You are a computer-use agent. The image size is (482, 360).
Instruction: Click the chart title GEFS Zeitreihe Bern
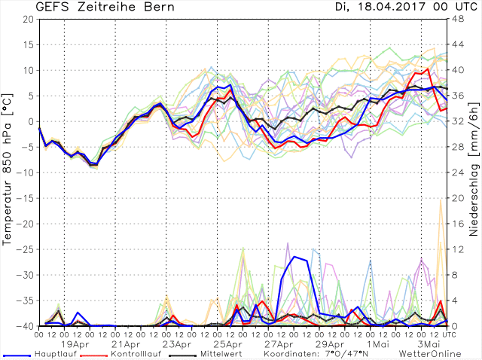click(95, 8)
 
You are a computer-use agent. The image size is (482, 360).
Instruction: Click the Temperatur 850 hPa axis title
click(8, 173)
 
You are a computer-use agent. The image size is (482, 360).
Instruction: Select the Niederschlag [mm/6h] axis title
click(473, 173)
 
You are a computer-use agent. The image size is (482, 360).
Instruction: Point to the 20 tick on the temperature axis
click(28, 19)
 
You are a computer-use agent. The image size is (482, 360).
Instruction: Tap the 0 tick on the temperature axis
click(31, 121)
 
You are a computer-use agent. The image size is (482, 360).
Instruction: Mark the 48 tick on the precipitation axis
click(455, 19)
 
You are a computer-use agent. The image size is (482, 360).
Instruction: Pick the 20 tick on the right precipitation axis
click(455, 198)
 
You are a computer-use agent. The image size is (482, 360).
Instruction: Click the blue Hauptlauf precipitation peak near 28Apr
click(294, 257)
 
